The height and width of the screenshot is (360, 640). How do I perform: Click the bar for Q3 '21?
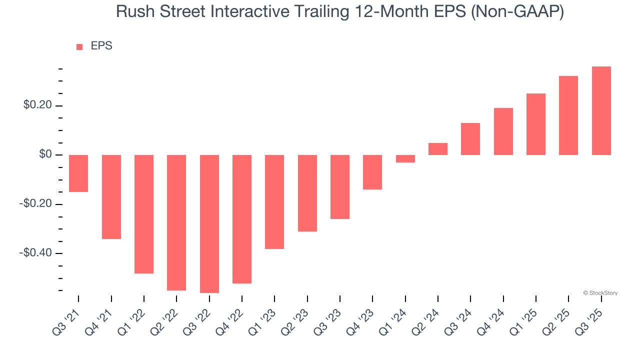(x=78, y=173)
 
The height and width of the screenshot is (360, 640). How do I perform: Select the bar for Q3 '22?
(x=209, y=223)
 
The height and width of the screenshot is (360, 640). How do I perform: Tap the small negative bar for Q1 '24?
(x=405, y=158)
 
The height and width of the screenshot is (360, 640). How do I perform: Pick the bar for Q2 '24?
(x=438, y=149)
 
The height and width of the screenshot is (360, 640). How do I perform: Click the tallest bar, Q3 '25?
(x=601, y=110)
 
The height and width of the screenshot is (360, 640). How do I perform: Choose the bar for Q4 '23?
(x=372, y=172)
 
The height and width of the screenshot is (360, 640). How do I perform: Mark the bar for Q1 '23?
(x=274, y=201)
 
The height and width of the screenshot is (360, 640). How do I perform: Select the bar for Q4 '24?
(x=503, y=131)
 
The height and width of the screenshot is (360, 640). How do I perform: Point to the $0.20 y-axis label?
(x=37, y=105)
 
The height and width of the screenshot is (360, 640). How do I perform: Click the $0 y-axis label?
(x=45, y=154)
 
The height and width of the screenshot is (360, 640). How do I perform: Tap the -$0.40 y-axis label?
(x=35, y=253)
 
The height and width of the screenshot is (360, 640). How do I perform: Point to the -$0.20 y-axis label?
(x=35, y=204)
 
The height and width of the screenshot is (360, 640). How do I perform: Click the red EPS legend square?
(x=79, y=47)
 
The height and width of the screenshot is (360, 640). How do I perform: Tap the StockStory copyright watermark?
(x=600, y=293)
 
